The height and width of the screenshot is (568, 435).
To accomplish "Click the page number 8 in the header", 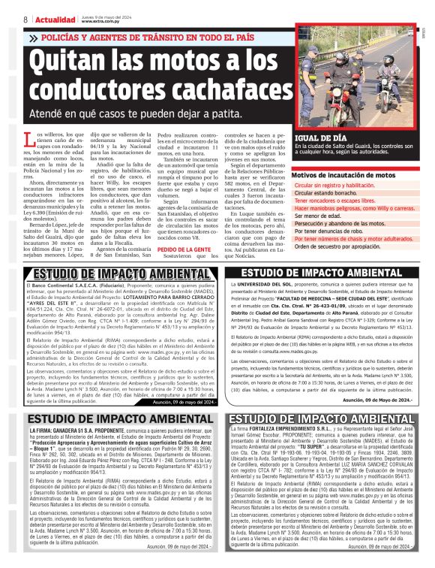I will pos(25,18).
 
